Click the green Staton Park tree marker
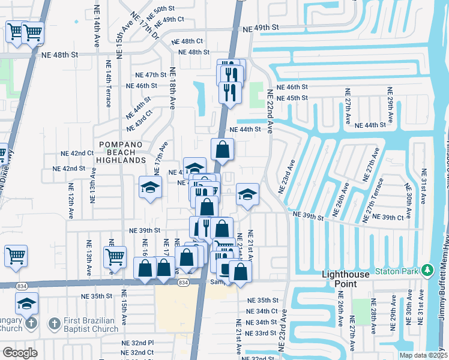tap(427, 271)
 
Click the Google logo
tap(20, 352)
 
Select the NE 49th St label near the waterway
tap(261, 28)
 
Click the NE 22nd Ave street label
tap(270, 112)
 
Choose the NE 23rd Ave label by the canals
tap(287, 176)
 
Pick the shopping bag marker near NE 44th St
tap(222, 151)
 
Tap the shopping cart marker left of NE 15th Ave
tap(114, 257)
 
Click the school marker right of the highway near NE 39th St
tap(247, 194)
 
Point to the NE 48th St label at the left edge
tap(61, 54)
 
